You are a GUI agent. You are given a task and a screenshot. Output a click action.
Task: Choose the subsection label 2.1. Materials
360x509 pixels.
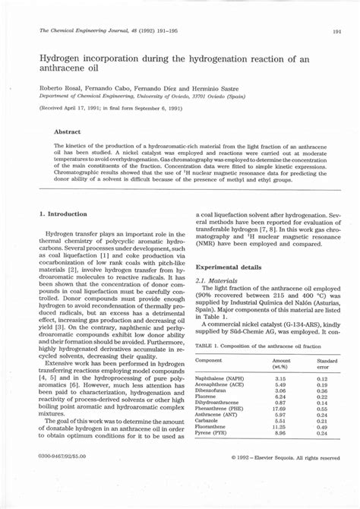point(214,280)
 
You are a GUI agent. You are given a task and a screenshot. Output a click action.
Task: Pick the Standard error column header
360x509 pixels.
point(327,364)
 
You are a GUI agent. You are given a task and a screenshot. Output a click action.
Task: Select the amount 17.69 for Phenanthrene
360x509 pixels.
point(279,409)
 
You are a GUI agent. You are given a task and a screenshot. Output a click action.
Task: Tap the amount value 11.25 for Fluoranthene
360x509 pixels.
point(279,427)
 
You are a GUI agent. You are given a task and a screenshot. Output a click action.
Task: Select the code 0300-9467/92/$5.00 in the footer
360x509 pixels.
point(62,457)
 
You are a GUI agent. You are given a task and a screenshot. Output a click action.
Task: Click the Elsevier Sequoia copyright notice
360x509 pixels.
point(284,458)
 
